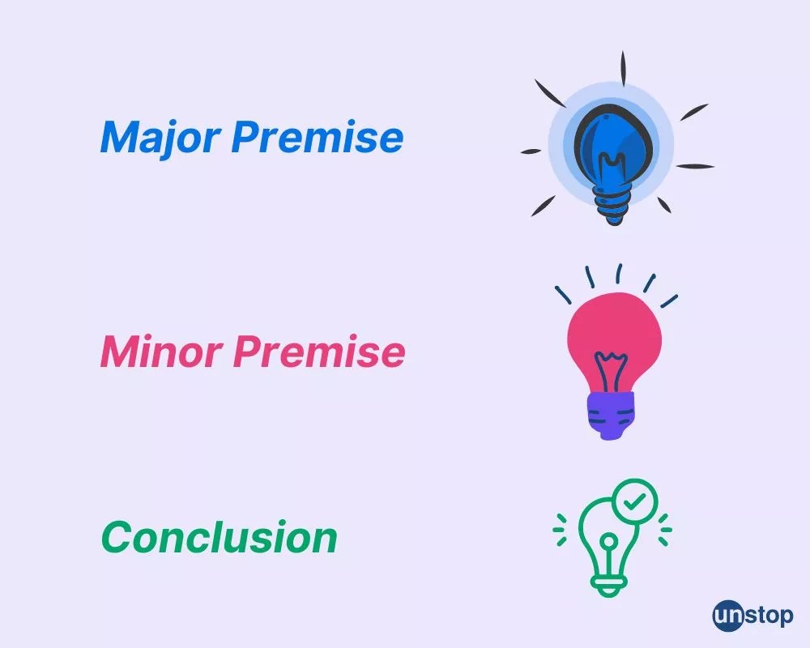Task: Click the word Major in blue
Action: [x=160, y=138]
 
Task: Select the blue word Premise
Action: [x=318, y=137]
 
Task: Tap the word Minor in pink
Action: [x=161, y=352]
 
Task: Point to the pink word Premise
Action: [x=318, y=352]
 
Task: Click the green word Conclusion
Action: [x=219, y=537]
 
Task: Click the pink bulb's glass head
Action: [x=614, y=341]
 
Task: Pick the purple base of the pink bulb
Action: [x=611, y=415]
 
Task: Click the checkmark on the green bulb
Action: [x=634, y=501]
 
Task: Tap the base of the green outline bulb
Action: [x=610, y=586]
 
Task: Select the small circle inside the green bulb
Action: [x=610, y=541]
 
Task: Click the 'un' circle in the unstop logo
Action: [x=727, y=616]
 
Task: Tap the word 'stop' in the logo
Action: [x=769, y=616]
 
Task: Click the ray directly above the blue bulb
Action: [x=623, y=68]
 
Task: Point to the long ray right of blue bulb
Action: [x=695, y=166]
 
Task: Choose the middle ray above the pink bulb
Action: [x=619, y=273]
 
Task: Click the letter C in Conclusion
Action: [x=117, y=537]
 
